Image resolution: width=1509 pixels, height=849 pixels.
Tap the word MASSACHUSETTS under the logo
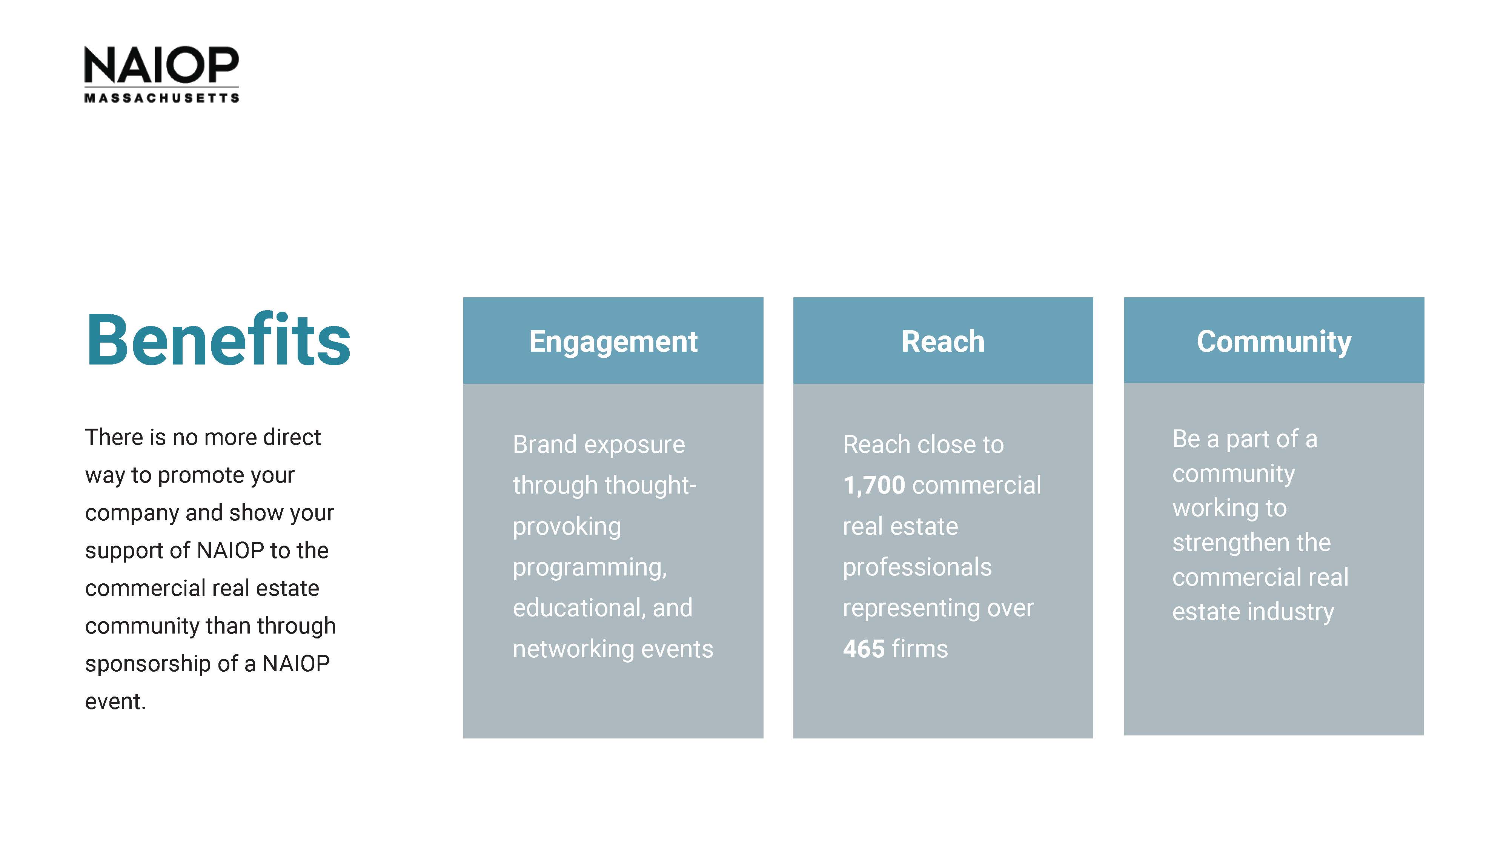pyautogui.click(x=162, y=98)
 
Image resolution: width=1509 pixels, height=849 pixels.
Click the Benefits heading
pyautogui.click(x=218, y=340)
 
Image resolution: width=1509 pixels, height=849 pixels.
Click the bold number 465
pyautogui.click(x=864, y=649)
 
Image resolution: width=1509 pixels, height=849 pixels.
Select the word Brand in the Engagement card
pyautogui.click(x=545, y=444)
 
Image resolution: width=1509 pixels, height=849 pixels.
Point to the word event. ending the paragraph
pyautogui.click(x=115, y=701)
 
